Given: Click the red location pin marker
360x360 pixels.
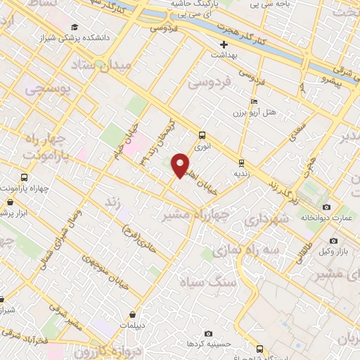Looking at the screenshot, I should [181, 165].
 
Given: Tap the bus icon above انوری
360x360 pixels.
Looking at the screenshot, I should [202, 135].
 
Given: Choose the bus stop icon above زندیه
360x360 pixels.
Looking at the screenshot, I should [240, 161].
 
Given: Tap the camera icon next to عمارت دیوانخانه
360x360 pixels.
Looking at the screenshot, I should [326, 207].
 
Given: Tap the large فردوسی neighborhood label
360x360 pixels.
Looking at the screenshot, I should [210, 83].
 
